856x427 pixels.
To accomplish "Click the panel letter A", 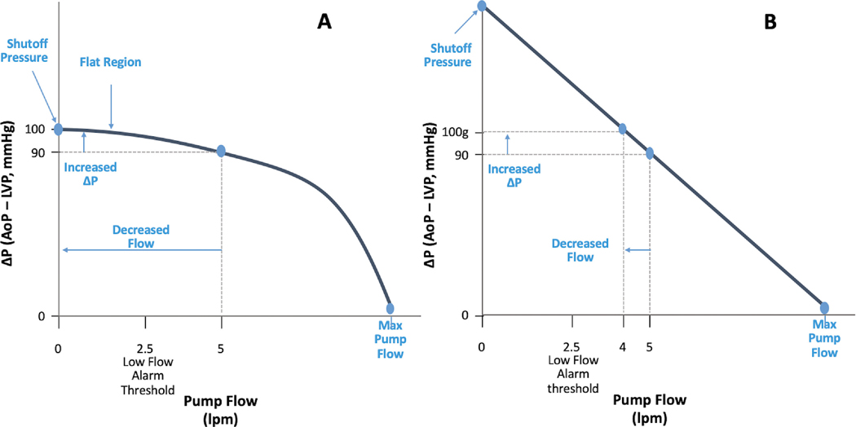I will point(324,24).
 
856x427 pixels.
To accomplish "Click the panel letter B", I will point(770,24).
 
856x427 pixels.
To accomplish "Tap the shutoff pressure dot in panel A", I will point(58,129).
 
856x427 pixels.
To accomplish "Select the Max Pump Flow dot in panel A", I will point(390,308).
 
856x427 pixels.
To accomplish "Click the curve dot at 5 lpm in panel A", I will point(221,151).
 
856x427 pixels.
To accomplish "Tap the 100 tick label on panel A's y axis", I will point(35,130).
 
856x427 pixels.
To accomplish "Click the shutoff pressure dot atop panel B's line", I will point(482,6).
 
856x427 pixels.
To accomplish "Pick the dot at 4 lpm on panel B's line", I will point(623,128).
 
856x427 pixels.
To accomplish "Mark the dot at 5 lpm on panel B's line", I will point(650,152).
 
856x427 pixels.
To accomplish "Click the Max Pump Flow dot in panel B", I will point(824,307).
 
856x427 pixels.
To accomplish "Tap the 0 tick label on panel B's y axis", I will point(465,315).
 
